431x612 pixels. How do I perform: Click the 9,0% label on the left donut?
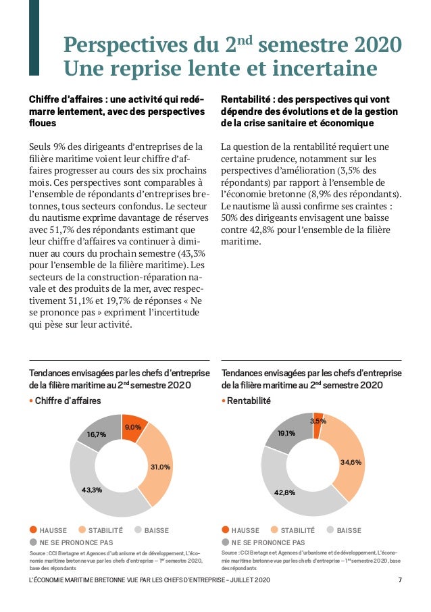[132, 427]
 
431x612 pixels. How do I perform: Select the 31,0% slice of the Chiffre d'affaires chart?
[160, 466]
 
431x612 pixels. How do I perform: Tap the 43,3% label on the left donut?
[91, 490]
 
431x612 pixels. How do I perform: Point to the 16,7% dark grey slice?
[97, 435]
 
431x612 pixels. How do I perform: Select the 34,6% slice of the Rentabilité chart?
[350, 463]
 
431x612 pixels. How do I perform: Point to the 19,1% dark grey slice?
[286, 433]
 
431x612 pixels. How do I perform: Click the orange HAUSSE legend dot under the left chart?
[33, 530]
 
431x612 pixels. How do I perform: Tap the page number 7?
[400, 581]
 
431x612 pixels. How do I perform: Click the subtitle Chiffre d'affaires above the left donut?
[68, 401]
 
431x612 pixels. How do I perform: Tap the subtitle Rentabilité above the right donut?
[248, 401]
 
